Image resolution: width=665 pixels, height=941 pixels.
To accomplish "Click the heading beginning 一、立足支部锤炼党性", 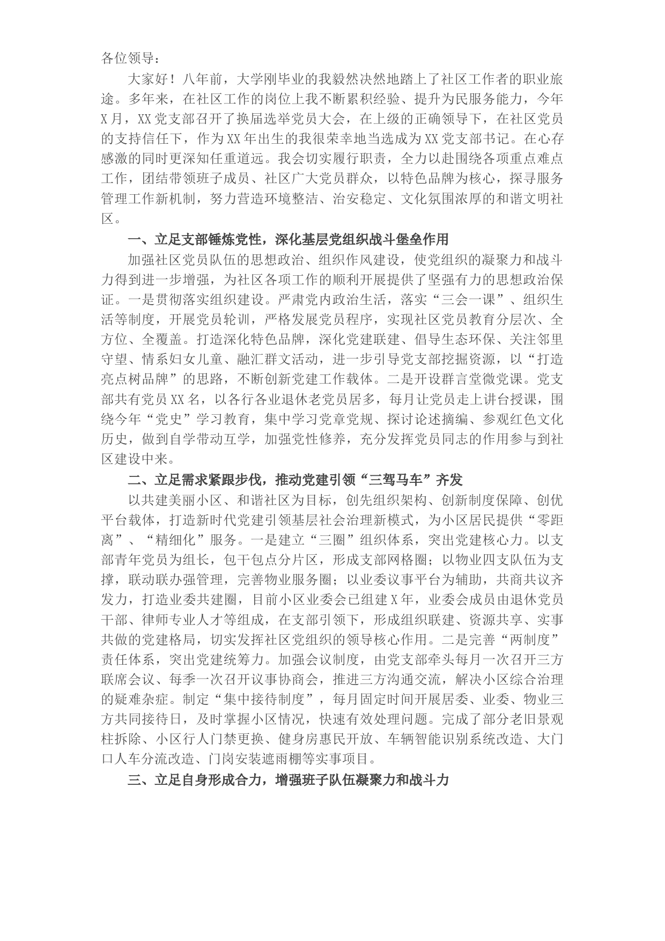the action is [x=287, y=239].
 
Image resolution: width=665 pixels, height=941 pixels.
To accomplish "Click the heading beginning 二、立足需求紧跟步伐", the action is [x=295, y=479].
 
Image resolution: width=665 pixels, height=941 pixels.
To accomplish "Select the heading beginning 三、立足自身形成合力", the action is [x=287, y=780].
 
